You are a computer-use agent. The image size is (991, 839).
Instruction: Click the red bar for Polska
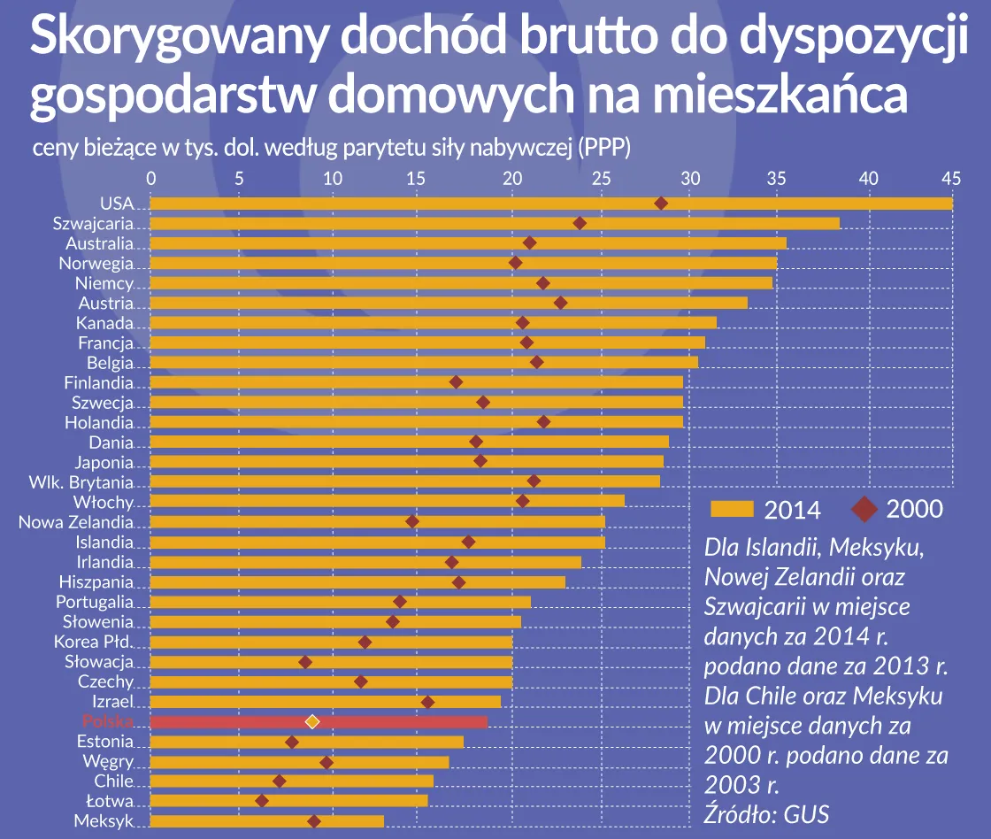point(398,721)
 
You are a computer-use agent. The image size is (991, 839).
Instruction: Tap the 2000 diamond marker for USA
point(660,204)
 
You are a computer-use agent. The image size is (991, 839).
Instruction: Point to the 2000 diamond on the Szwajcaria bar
point(580,223)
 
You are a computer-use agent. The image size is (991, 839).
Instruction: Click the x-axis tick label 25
point(601,178)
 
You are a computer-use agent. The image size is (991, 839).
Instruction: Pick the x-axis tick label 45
point(951,178)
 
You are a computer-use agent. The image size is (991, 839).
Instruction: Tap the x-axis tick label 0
point(151,178)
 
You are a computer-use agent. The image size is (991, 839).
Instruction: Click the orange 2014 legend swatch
point(732,509)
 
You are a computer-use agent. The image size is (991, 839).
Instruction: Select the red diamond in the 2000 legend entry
point(864,509)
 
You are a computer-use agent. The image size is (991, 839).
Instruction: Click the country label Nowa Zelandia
point(75,522)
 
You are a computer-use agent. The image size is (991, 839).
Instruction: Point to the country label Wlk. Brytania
point(81,482)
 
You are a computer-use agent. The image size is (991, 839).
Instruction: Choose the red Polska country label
point(106,721)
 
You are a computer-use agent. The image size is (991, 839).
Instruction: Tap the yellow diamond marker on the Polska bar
point(311,721)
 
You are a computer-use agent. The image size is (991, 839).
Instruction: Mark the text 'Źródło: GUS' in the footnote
point(766,813)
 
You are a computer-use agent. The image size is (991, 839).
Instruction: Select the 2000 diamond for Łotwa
point(262,801)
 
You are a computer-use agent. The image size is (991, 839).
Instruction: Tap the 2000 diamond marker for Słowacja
point(305,662)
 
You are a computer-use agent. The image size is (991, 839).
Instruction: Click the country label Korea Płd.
point(93,642)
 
